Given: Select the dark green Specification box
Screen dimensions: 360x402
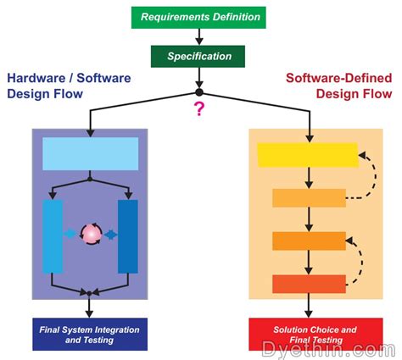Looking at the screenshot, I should click(x=199, y=57).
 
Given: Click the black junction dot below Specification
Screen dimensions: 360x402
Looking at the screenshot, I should click(x=199, y=91).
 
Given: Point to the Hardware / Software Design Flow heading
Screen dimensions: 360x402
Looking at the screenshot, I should click(x=58, y=86).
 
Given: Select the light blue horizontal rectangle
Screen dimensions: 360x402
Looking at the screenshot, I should click(x=90, y=152).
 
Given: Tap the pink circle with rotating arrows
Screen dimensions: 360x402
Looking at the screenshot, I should click(x=90, y=234).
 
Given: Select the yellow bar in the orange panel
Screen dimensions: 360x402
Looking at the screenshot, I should click(x=307, y=154).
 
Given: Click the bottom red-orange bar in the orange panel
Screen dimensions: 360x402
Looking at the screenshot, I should click(x=309, y=283).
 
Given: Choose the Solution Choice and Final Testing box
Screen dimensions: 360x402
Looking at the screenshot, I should click(x=309, y=333).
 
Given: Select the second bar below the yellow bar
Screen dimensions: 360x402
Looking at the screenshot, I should click(x=309, y=241).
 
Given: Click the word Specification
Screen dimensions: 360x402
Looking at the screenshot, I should click(x=199, y=57).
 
